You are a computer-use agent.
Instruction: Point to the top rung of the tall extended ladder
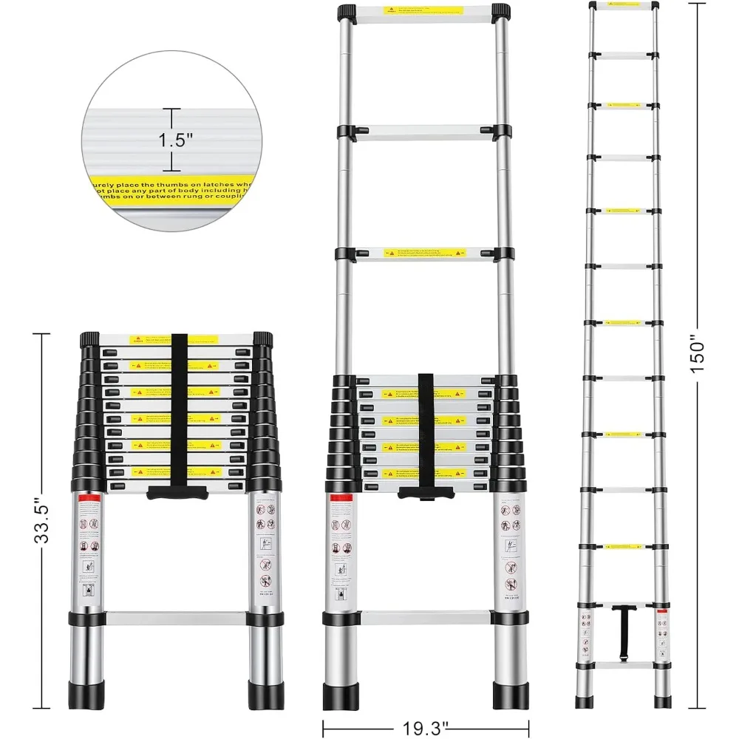click(x=624, y=5)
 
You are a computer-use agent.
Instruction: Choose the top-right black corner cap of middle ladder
click(x=500, y=13)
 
